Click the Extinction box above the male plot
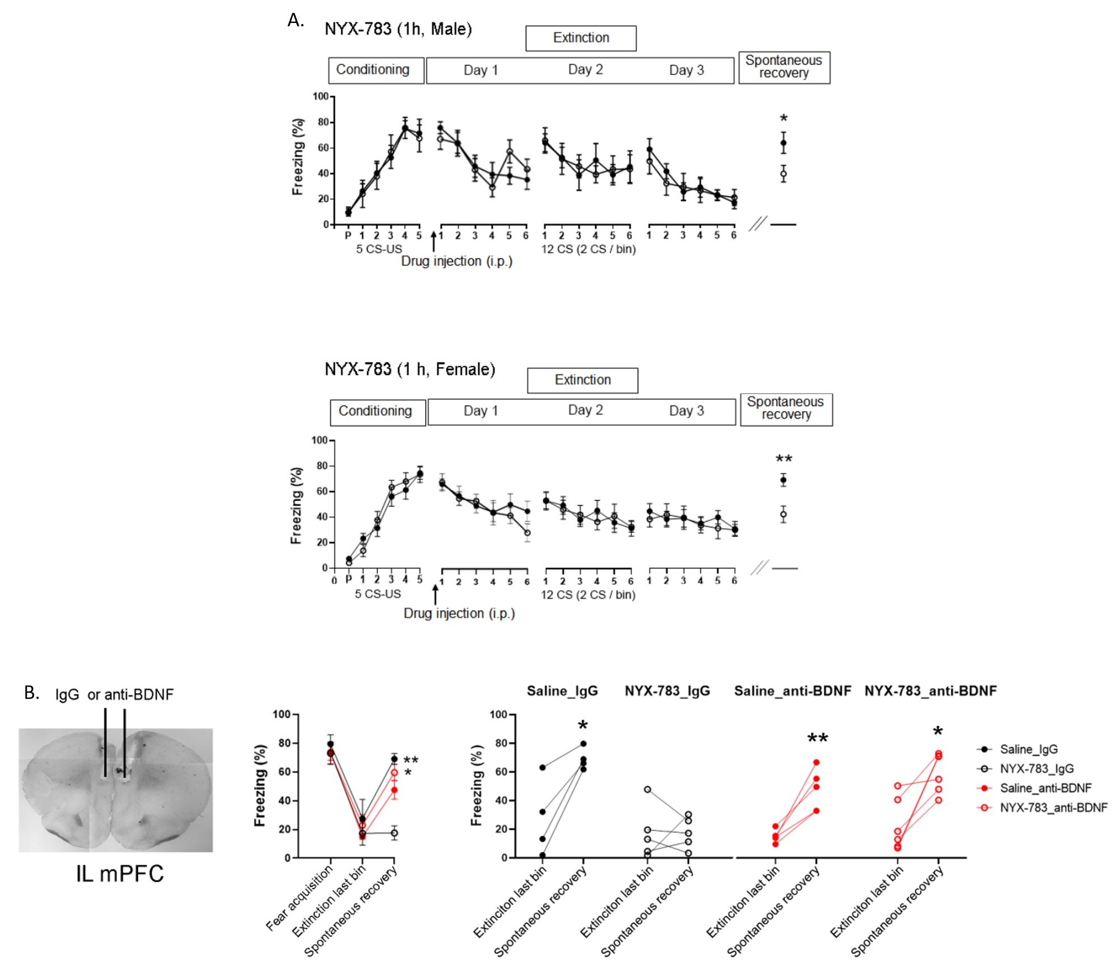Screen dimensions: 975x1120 click(x=581, y=38)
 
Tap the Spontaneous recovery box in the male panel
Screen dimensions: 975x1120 click(x=784, y=67)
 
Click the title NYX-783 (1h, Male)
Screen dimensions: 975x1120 click(x=398, y=29)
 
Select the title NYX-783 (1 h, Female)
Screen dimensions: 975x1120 click(x=410, y=370)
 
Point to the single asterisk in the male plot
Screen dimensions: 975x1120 click(x=783, y=119)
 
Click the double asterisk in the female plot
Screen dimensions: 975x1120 click(x=783, y=460)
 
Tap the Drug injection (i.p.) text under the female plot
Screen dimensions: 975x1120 click(x=459, y=614)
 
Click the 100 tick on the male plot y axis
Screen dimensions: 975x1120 click(x=320, y=96)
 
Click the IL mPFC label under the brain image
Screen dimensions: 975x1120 click(x=120, y=874)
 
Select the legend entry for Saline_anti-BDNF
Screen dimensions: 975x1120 click(x=1045, y=788)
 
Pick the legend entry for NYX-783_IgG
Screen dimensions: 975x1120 click(x=1036, y=768)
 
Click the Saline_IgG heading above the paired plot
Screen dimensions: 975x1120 click(x=562, y=691)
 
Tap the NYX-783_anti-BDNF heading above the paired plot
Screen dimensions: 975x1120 click(x=930, y=691)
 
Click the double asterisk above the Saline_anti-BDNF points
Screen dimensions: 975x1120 click(x=817, y=739)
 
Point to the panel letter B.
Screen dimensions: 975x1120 click(x=31, y=693)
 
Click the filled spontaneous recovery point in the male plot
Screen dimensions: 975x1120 click(x=783, y=143)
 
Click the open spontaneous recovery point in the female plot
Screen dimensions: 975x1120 click(x=783, y=514)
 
